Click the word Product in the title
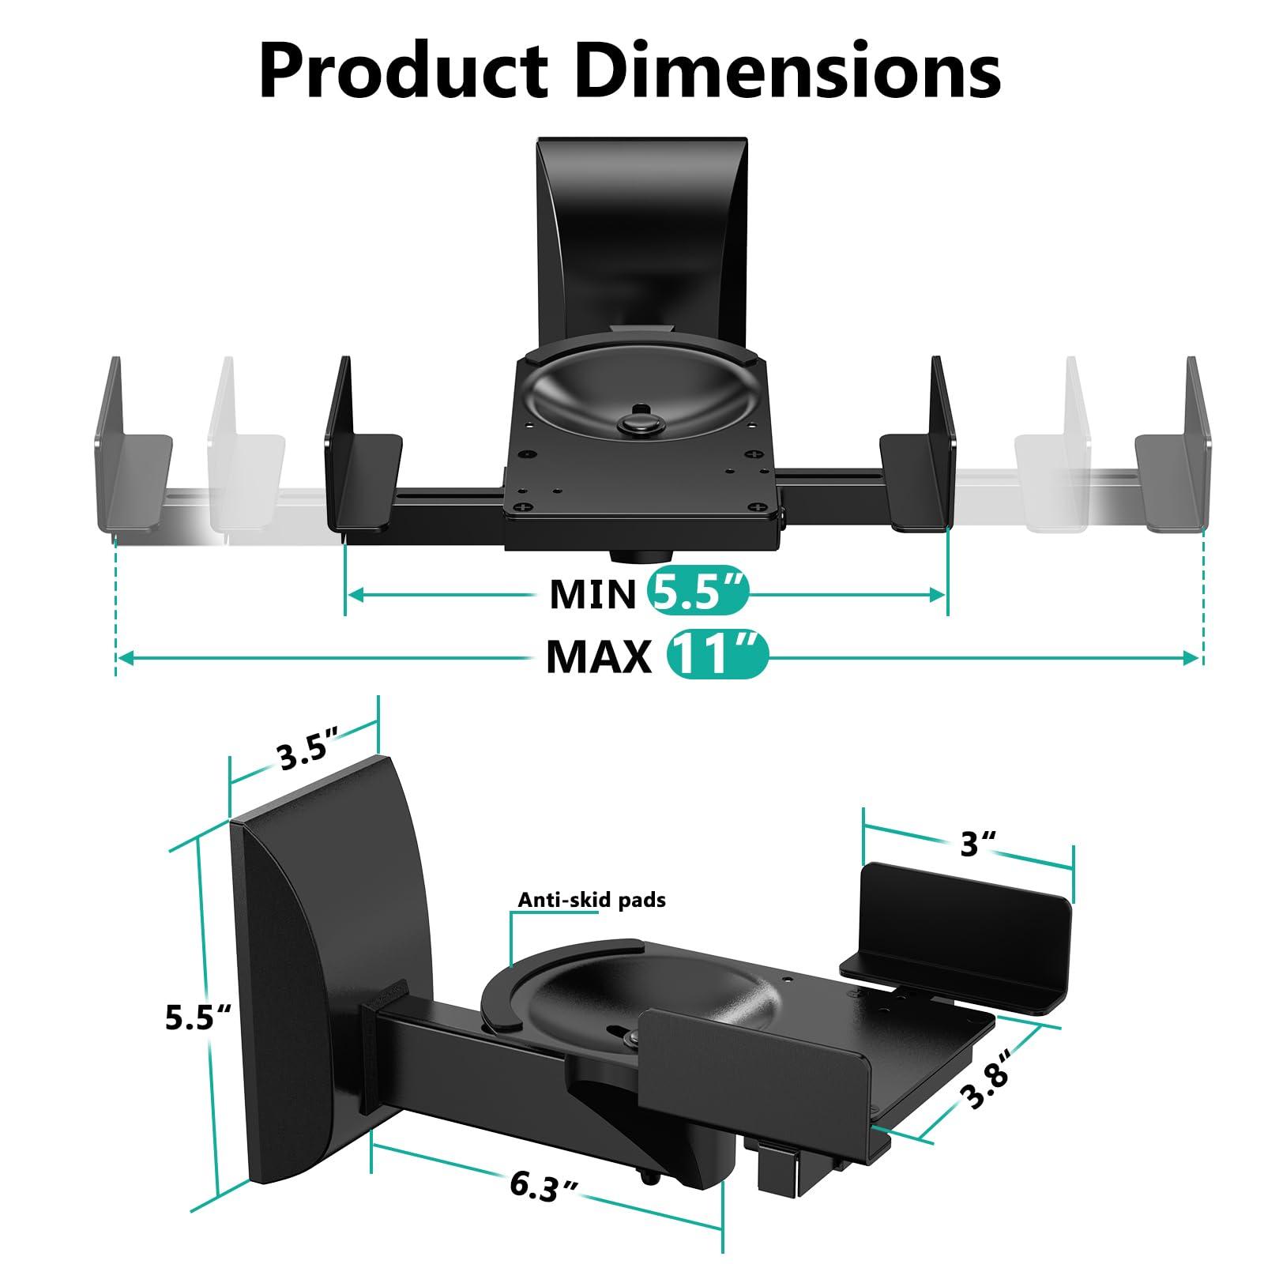[403, 73]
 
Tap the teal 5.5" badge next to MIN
[697, 593]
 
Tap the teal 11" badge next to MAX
[717, 656]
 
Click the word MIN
[592, 594]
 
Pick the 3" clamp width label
[978, 844]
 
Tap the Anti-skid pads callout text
[592, 900]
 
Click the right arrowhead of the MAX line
[1191, 657]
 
